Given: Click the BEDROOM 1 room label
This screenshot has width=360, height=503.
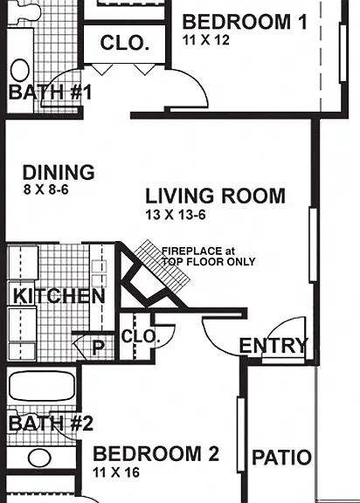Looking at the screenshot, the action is [245, 22].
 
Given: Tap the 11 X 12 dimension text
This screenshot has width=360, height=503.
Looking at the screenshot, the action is [206, 40].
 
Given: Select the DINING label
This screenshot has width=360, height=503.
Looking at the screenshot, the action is [59, 172].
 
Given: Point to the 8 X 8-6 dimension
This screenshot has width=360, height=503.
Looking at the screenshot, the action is [46, 189].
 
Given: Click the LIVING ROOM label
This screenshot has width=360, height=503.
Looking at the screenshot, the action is [215, 196].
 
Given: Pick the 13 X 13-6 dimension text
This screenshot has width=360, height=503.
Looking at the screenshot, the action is [176, 214].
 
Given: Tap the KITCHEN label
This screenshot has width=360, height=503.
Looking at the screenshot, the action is [59, 296].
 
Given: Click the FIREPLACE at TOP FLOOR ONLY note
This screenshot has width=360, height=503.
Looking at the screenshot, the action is [208, 257].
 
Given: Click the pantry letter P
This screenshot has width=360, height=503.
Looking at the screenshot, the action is [98, 347].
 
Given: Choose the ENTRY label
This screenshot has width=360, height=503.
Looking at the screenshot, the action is [273, 346].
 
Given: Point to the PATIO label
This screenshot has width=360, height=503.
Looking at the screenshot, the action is [281, 457].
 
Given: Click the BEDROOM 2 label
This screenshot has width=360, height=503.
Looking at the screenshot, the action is [156, 454].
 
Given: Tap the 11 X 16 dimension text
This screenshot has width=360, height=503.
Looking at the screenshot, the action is [116, 472].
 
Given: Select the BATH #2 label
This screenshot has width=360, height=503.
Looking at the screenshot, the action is [51, 424].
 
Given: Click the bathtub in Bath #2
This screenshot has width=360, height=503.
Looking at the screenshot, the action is [42, 386].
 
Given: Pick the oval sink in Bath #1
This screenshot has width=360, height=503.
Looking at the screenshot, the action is [20, 70].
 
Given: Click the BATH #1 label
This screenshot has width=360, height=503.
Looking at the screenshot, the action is [50, 92].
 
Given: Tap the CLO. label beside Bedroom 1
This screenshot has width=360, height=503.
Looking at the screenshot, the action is [125, 43].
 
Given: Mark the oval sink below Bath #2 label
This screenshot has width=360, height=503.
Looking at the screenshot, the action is [39, 458].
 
